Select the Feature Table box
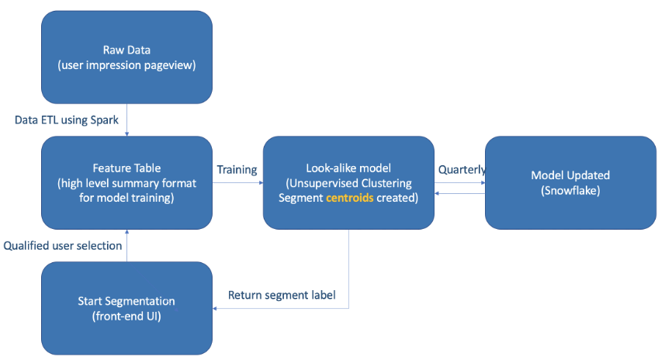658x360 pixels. point(126,182)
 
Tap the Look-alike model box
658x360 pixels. point(348,182)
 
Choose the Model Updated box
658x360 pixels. point(570,182)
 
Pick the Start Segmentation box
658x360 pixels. point(126,308)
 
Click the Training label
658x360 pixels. point(237,169)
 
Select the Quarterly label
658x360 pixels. point(462,169)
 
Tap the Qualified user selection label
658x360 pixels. point(63,246)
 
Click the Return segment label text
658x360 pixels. point(282,296)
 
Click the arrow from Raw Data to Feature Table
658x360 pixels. point(126,120)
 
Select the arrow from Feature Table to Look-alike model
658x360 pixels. point(237,183)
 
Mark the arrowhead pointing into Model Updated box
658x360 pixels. point(482,183)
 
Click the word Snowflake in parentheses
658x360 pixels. point(570,190)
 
